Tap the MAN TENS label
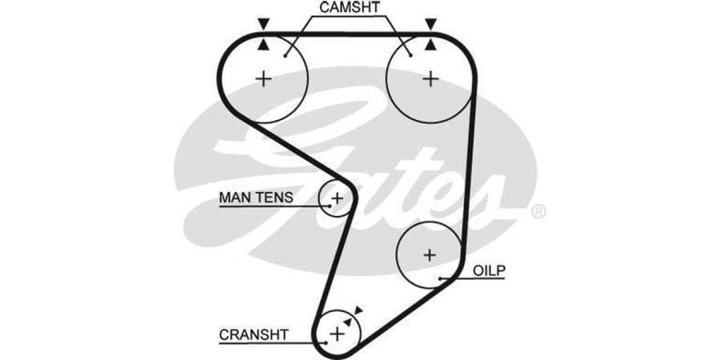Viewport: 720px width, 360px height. click(255, 196)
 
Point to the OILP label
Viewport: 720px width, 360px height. click(490, 270)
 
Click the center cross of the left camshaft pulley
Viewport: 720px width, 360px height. click(263, 78)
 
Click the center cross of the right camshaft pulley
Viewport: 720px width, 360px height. click(431, 78)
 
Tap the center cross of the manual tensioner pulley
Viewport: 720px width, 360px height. click(338, 197)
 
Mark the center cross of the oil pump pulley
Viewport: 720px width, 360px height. click(430, 255)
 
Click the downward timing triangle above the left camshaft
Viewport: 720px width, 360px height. click(263, 23)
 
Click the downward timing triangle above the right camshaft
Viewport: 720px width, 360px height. click(431, 23)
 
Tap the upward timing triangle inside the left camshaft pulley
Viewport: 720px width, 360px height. click(263, 46)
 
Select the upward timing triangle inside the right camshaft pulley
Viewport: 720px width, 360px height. click(431, 46)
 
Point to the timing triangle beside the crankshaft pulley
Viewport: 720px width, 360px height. click(358, 310)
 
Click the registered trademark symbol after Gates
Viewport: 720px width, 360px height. click(538, 211)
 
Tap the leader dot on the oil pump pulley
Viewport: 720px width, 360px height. click(441, 278)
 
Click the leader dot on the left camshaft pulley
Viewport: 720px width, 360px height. click(286, 55)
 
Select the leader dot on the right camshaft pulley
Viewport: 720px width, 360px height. click(410, 55)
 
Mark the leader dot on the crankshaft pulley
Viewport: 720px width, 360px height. click(326, 342)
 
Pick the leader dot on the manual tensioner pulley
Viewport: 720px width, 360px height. click(328, 204)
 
